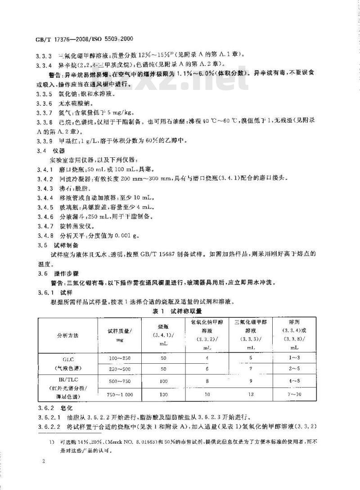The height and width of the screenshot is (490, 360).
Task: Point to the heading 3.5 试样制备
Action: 57,245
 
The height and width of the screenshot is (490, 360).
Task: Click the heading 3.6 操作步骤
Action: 57,272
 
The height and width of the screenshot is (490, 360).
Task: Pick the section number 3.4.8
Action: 45,235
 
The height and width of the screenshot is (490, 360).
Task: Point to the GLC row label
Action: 67,360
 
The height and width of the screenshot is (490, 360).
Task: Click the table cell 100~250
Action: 119,357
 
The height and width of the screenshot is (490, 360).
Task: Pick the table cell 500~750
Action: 119,382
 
